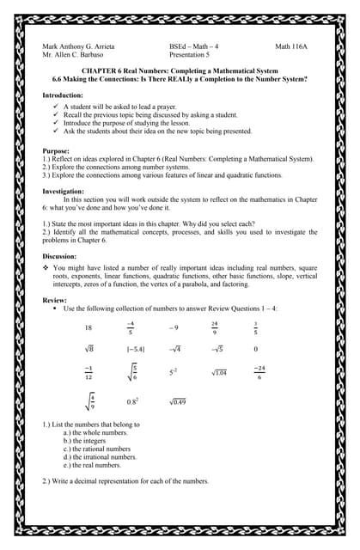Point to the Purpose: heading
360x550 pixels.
[x=57, y=150]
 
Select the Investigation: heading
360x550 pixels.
[x=64, y=191]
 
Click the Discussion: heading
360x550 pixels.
[x=61, y=256]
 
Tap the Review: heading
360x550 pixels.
[x=55, y=300]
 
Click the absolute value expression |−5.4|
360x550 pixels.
[x=135, y=350]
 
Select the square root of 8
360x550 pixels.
[x=88, y=350]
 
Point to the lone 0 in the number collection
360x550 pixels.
[x=255, y=350]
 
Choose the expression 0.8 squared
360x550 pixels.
[x=133, y=401]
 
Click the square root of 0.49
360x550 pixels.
[x=178, y=401]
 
